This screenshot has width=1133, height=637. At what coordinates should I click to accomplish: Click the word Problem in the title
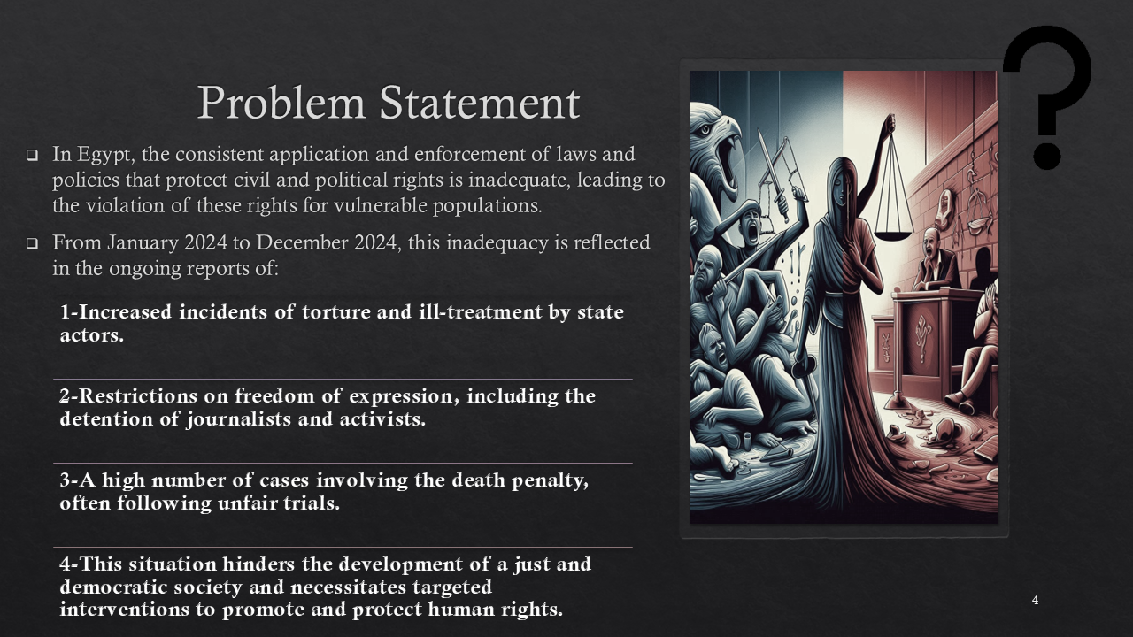(x=281, y=104)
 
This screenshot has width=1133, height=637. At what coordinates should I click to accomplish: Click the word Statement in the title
(x=480, y=104)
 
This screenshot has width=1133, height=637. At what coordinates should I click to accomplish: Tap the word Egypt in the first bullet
(x=106, y=155)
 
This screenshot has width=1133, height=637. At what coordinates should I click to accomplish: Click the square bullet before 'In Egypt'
(x=33, y=155)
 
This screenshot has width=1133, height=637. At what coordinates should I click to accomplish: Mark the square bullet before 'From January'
(x=33, y=243)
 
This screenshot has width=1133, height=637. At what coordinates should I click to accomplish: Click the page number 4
(x=1035, y=600)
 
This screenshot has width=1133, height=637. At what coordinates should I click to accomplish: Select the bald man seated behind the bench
(x=935, y=259)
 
